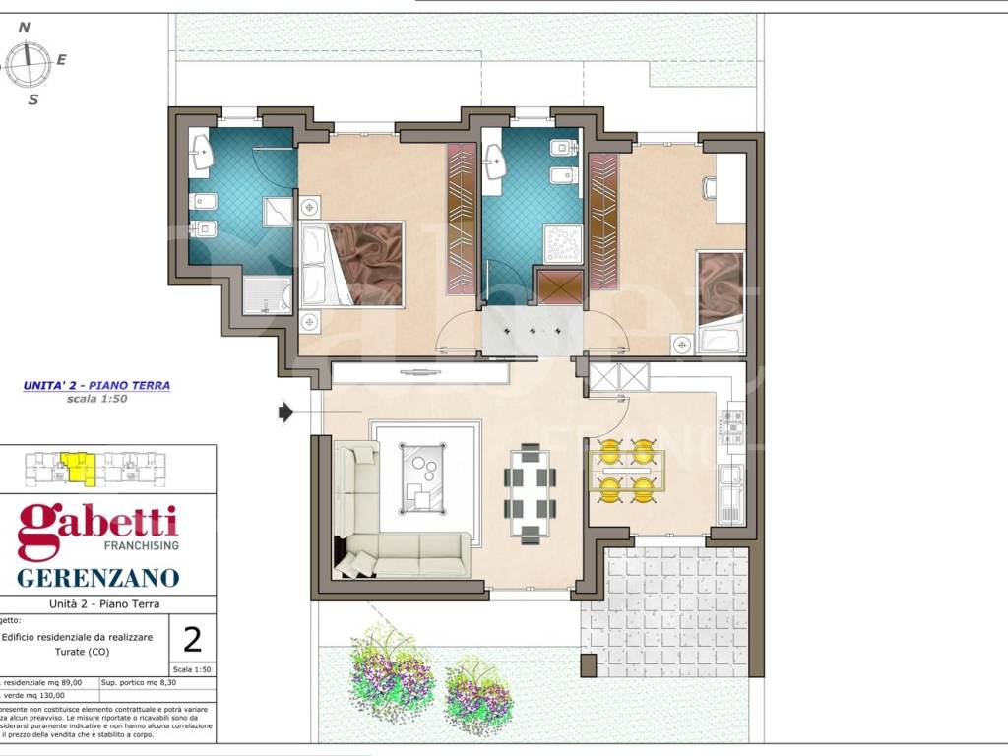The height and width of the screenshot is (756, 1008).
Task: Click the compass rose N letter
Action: click(x=26, y=28)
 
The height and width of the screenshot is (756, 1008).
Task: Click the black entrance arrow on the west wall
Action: click(x=285, y=411)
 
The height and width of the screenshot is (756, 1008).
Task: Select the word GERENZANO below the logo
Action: click(x=97, y=577)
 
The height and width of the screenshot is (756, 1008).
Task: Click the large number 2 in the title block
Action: click(x=193, y=640)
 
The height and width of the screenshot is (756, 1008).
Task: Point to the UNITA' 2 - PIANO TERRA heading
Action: click(x=96, y=386)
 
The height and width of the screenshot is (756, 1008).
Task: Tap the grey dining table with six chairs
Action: click(x=531, y=492)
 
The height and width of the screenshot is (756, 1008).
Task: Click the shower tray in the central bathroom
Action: click(x=563, y=244)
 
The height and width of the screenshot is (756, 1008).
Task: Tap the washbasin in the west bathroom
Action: click(x=204, y=151)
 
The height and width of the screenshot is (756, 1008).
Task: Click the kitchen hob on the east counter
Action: click(x=732, y=426)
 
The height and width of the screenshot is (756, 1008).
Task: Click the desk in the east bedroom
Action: click(x=730, y=188)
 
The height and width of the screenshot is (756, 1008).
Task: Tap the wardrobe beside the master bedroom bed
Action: click(x=461, y=219)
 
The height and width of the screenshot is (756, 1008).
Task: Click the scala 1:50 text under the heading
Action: click(x=96, y=400)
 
